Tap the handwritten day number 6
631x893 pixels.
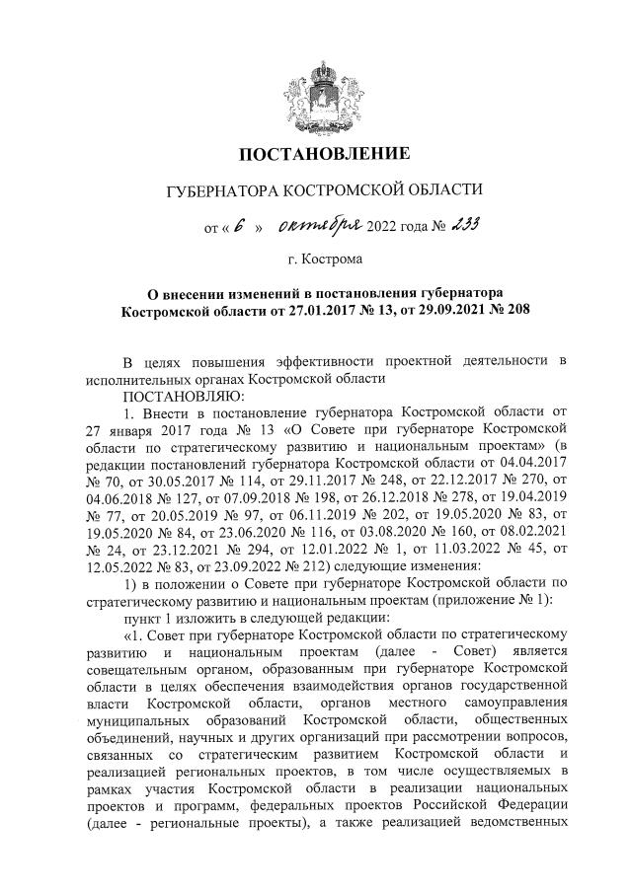[240, 225]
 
